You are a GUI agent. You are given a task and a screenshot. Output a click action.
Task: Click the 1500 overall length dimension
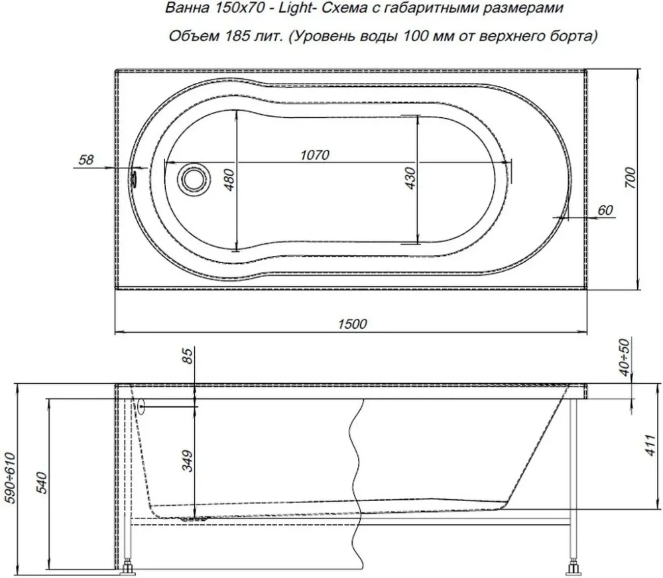point(352,324)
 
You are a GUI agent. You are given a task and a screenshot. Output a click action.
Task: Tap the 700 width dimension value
point(630,178)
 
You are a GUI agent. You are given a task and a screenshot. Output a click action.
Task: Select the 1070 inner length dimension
point(314,155)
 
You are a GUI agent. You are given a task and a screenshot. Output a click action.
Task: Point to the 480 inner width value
point(229,180)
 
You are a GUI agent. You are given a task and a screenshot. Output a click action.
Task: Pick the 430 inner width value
point(410,178)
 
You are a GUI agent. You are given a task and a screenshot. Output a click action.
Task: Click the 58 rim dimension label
point(86,160)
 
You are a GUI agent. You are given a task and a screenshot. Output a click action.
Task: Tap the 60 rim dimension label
point(605,209)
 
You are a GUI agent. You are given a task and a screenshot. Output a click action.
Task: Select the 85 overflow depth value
point(188,355)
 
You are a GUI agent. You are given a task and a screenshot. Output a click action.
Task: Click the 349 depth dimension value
point(188,461)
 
